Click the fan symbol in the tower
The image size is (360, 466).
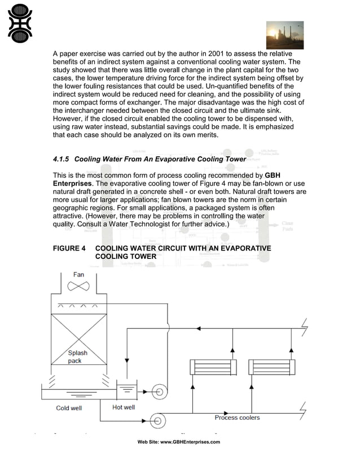[x=78, y=287]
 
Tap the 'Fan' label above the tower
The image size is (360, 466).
[x=78, y=275]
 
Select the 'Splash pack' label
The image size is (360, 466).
[x=78, y=357]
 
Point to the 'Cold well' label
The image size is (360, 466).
[x=69, y=408]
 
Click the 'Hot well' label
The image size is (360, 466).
[x=124, y=407]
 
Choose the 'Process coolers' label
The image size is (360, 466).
[x=237, y=417]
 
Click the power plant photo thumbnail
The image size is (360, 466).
[x=284, y=35]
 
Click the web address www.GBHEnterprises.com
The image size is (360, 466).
[x=190, y=442]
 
